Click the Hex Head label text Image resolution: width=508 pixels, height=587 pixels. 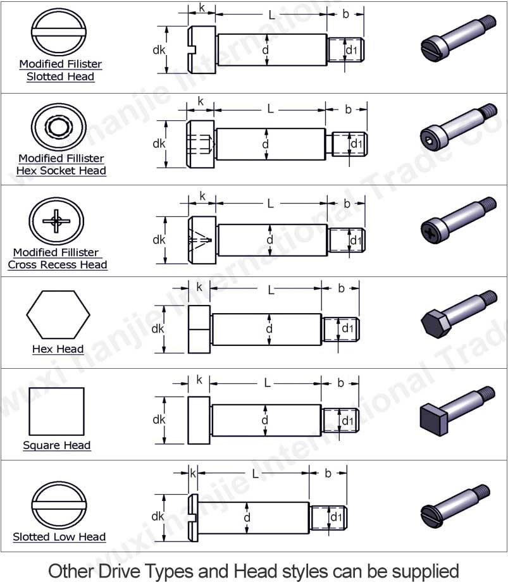[58, 349]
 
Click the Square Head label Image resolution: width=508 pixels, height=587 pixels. [56, 445]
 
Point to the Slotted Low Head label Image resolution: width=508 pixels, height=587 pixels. [59, 537]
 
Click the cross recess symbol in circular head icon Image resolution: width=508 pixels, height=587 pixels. [56, 221]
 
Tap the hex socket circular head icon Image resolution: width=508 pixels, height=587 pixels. [58, 127]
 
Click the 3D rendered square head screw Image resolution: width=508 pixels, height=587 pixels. [457, 411]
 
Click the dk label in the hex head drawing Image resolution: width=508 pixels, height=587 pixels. [158, 329]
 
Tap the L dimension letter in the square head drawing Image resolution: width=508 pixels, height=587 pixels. [267, 383]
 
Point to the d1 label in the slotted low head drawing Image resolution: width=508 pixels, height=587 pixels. [336, 517]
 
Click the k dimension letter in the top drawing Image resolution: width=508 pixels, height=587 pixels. [202, 8]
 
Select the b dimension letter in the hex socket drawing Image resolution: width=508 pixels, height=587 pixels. [348, 109]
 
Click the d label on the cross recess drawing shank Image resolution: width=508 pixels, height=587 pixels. [269, 240]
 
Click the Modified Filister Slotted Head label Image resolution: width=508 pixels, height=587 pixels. [60, 70]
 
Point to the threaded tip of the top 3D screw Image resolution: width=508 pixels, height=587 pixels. [488, 22]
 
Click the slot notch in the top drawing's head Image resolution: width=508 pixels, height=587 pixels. [192, 50]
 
